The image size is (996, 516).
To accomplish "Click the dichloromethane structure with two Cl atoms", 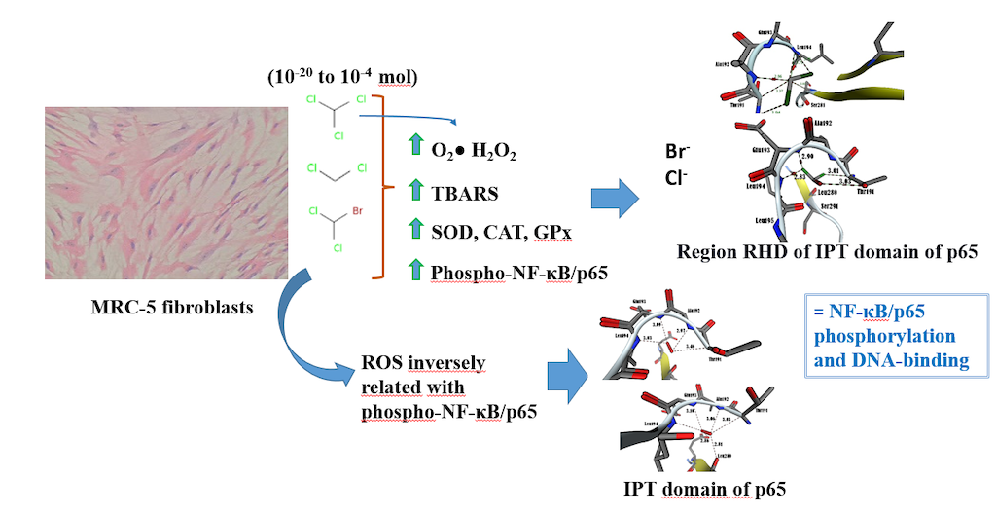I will coord(337,175).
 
